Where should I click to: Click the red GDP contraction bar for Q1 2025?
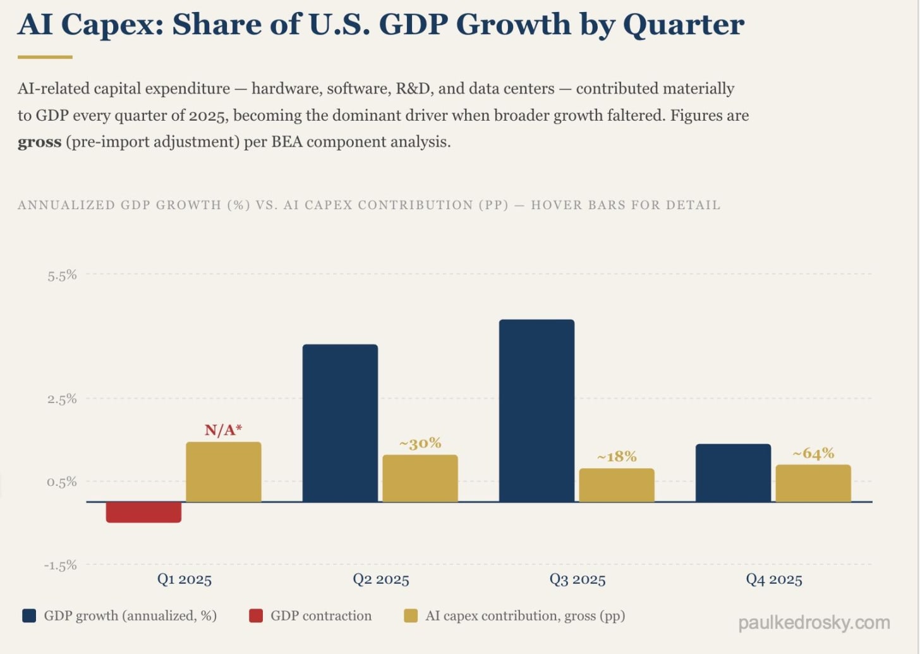point(143,512)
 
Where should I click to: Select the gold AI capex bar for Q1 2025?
point(223,472)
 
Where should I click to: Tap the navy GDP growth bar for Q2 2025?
point(340,423)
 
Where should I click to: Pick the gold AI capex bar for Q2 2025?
point(420,478)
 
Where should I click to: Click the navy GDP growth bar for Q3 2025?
point(536,411)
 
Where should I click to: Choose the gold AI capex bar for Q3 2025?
point(617,485)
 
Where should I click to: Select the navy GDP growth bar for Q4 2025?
point(733,473)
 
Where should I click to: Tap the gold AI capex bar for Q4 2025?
point(813,483)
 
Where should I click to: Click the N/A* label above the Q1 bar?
point(223,430)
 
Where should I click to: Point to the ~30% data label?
point(420,444)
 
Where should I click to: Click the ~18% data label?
point(617,456)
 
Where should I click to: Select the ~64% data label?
point(813,454)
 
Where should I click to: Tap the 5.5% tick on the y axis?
point(62,275)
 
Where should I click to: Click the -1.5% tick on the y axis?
point(61,565)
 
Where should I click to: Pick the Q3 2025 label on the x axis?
point(577,579)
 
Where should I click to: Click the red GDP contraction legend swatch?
point(256,615)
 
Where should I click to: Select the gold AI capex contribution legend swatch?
point(411,615)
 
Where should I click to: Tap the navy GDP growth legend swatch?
point(29,615)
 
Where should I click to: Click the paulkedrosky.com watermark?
point(814,623)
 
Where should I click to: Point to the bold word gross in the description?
point(39,142)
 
